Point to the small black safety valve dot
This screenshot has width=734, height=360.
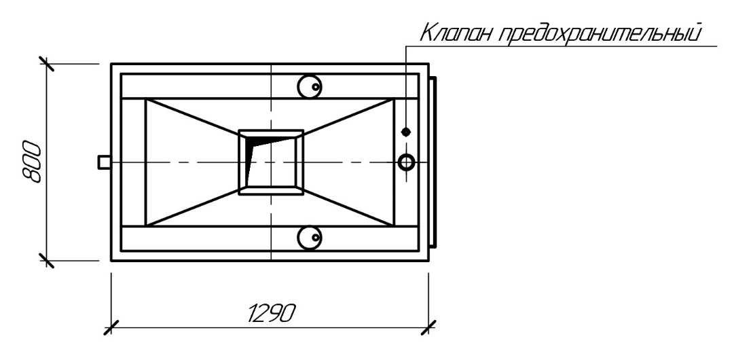click(406, 132)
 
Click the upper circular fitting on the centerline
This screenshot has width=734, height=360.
click(310, 86)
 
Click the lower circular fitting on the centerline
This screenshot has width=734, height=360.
click(310, 236)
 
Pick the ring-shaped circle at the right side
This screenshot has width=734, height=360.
click(406, 162)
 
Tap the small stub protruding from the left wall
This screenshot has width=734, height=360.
click(104, 162)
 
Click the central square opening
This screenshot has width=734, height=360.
click(271, 162)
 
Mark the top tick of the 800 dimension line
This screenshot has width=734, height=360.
click(46, 64)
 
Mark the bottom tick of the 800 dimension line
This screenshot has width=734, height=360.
click(46, 259)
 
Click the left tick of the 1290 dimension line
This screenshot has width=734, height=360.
click(111, 327)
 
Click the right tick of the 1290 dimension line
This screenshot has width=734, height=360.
click(429, 327)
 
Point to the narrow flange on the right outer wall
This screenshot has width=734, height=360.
click(433, 162)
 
